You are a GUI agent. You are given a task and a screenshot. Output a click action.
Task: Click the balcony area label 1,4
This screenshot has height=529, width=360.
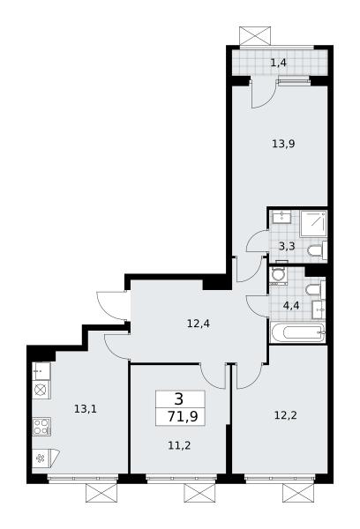tap(279, 63)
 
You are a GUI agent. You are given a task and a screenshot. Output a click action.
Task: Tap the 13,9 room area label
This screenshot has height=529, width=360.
tap(283, 144)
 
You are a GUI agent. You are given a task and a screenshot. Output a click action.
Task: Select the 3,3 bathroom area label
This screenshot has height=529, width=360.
tap(287, 246)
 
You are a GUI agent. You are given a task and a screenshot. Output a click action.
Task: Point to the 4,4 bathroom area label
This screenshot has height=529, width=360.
tap(291, 306)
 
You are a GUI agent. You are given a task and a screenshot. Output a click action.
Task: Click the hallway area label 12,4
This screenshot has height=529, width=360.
tap(199, 324)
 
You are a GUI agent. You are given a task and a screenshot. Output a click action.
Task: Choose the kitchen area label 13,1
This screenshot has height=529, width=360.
tap(86, 409)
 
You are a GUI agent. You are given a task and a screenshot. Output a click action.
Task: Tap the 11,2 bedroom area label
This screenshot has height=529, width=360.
tap(179, 445)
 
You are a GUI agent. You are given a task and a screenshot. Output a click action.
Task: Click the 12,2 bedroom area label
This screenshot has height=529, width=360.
tap(285, 415)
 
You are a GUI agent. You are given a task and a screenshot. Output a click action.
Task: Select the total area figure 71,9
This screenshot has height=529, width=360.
tap(183, 417)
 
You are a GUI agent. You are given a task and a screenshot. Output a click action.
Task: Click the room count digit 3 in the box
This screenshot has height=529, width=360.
tap(179, 399)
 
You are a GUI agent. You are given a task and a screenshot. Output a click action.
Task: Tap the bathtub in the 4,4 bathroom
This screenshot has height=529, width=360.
tap(297, 332)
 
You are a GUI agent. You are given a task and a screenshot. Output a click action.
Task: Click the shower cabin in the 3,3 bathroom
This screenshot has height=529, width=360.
tap(313, 223)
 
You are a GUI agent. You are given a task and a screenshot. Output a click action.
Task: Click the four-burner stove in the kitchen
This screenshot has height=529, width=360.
tap(41, 427)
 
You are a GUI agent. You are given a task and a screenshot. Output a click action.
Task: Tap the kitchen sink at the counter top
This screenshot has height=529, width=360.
tap(41, 371)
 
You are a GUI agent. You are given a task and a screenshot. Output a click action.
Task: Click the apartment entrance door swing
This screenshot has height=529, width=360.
tap(112, 305)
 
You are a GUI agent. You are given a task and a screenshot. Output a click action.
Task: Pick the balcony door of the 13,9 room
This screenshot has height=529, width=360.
tap(264, 94)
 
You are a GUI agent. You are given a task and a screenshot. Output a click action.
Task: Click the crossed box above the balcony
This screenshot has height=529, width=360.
tap(255, 35)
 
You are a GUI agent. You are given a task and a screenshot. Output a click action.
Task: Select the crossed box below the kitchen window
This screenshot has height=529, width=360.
tap(101, 493)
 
